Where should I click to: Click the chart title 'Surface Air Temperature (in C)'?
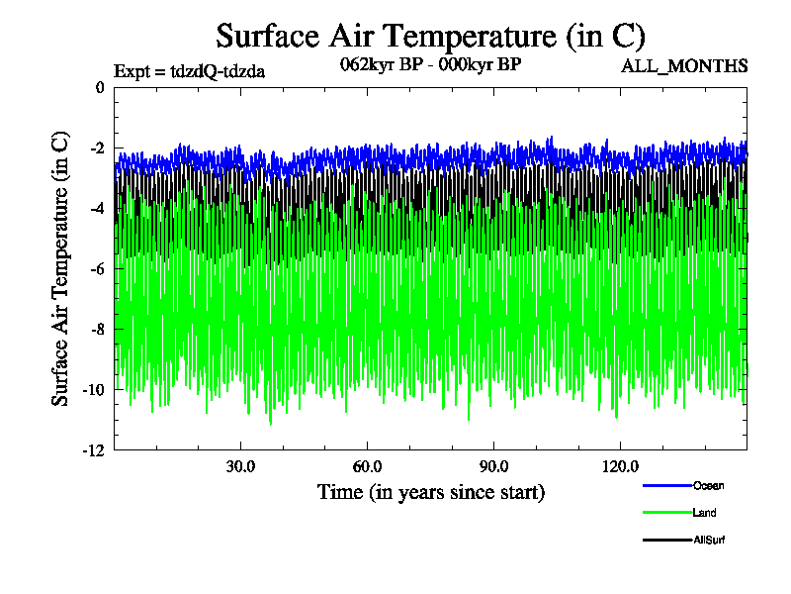pyautogui.click(x=430, y=37)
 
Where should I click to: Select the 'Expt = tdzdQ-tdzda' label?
pyautogui.click(x=190, y=70)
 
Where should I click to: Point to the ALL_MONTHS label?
pyautogui.click(x=684, y=66)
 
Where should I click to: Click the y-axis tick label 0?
pyautogui.click(x=99, y=87)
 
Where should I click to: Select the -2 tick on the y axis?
pyautogui.click(x=96, y=148)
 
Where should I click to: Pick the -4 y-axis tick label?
pyautogui.click(x=96, y=209)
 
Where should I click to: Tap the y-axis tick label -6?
pyautogui.click(x=96, y=269)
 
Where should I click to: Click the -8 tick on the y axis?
pyautogui.click(x=96, y=330)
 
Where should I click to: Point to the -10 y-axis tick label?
pyautogui.click(x=93, y=390)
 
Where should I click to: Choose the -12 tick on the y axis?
pyautogui.click(x=93, y=450)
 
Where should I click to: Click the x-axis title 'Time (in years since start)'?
pyautogui.click(x=430, y=492)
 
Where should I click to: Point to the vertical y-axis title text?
pyautogui.click(x=60, y=268)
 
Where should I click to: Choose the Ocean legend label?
pyautogui.click(x=708, y=485)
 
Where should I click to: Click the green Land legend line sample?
pyautogui.click(x=665, y=513)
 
